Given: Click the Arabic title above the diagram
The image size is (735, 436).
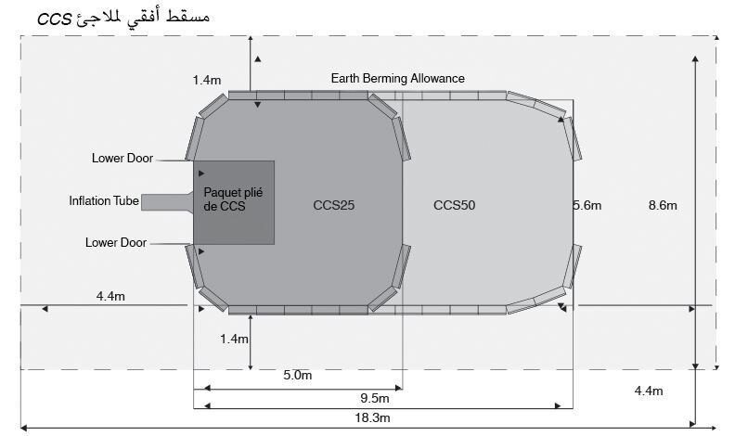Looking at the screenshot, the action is (123, 18).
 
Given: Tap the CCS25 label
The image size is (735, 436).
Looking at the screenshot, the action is (334, 205).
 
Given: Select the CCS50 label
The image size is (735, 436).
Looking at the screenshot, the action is (454, 205).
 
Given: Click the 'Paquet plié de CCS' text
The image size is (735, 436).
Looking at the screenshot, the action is (233, 199).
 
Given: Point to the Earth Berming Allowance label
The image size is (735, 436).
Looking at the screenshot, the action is (398, 78).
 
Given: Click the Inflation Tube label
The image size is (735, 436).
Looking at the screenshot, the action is (104, 201).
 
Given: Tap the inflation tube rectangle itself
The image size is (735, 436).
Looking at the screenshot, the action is (167, 202).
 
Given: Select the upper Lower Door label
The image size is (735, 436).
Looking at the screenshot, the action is (122, 159).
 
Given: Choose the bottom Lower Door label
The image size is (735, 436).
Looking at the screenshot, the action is (116, 243).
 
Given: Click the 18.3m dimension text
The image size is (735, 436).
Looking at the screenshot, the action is (373, 417).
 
